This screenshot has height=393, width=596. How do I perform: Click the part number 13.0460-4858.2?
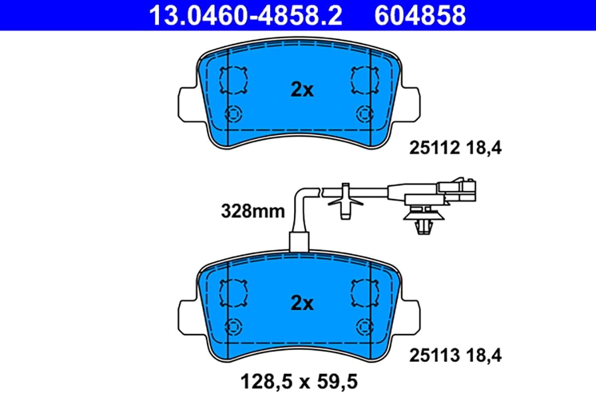coord(245,15)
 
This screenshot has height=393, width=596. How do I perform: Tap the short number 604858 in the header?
coord(420,15)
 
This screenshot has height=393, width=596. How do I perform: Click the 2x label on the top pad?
coord(302,90)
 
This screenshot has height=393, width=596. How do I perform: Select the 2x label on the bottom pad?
coord(302,304)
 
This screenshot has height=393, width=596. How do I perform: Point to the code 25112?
coord(435,148)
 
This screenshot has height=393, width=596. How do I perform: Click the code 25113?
coord(435,355)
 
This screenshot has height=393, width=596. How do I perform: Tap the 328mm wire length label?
coord(253,212)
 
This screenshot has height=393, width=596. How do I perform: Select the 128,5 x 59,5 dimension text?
coord(299,382)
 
